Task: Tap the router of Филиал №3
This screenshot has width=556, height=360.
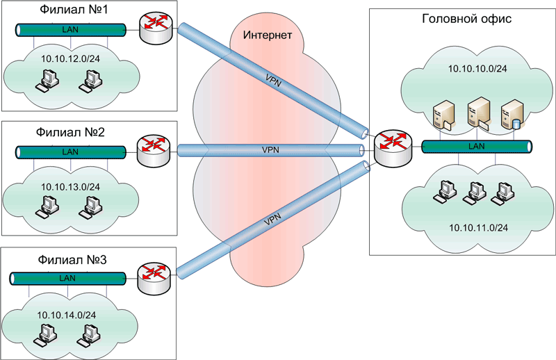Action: click(150, 277)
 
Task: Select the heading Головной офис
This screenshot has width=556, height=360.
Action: click(467, 19)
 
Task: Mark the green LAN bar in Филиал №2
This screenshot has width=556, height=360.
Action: click(69, 152)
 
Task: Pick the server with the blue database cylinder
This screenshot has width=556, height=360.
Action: click(512, 115)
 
